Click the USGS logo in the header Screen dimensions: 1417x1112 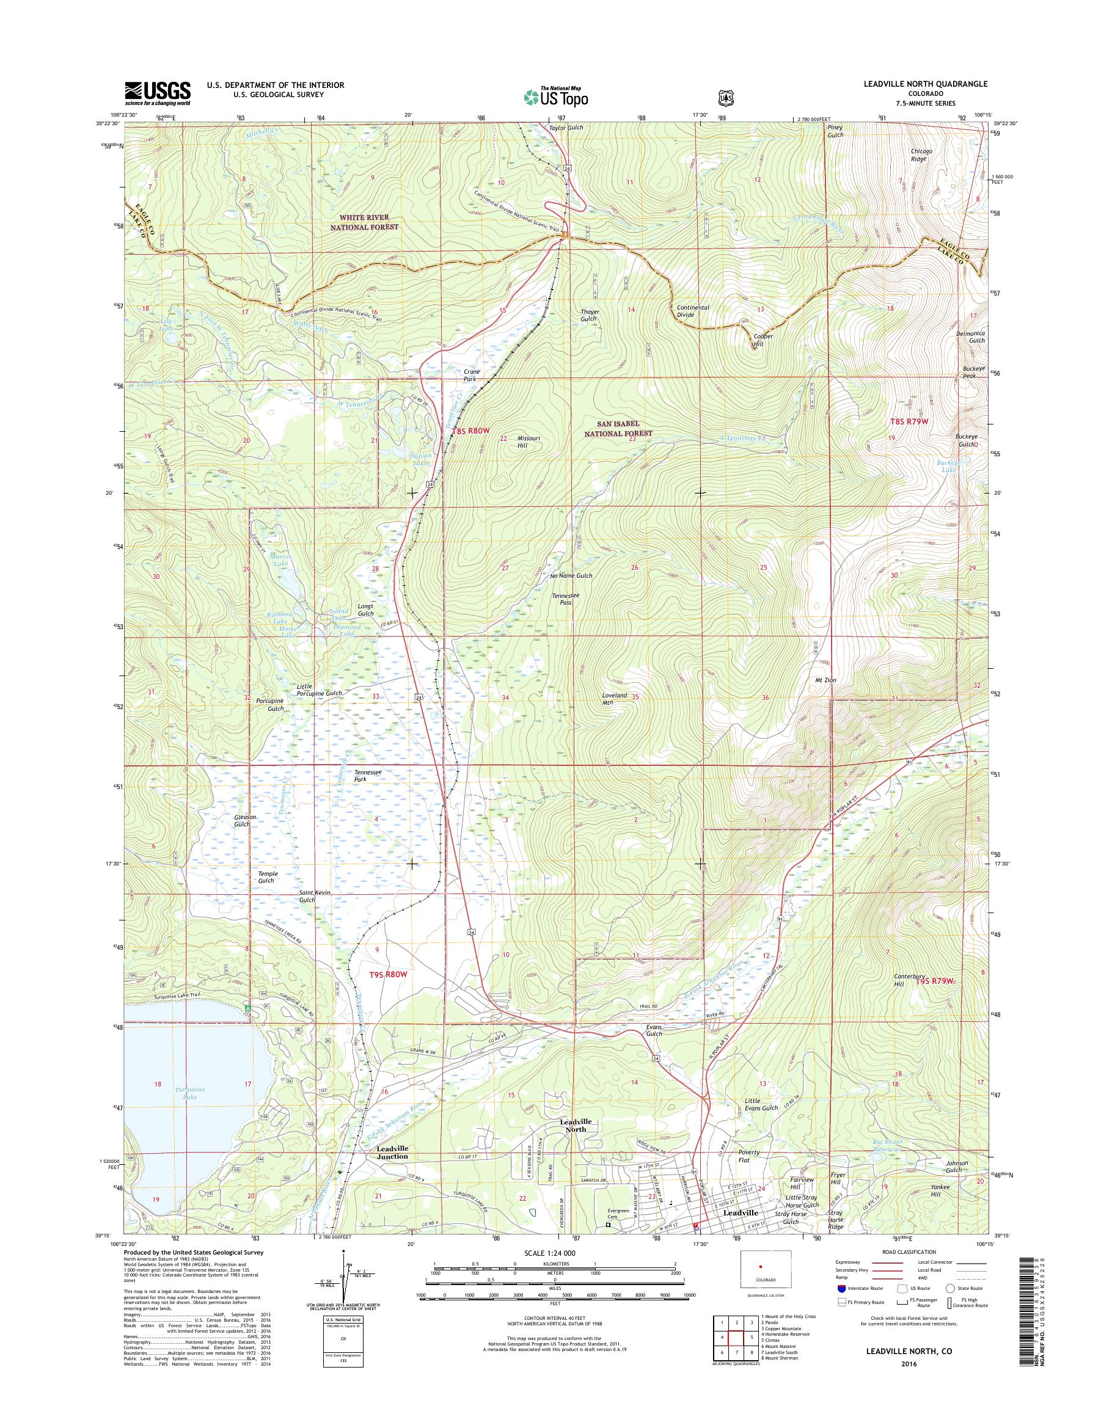(x=158, y=93)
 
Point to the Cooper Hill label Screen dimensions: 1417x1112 (x=763, y=340)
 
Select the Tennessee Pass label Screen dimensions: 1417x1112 (x=561, y=599)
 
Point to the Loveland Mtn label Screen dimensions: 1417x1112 (x=615, y=698)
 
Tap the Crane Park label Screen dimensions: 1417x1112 (x=471, y=375)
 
